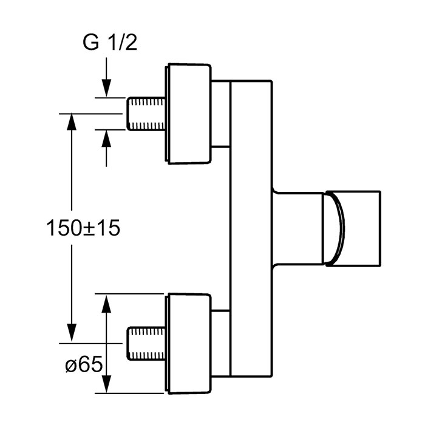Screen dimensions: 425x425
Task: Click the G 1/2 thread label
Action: (110, 43)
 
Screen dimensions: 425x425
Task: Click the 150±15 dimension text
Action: (83, 228)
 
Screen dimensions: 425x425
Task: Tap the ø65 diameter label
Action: (84, 364)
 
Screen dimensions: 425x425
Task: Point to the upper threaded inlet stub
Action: (146, 114)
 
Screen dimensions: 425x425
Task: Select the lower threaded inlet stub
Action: (146, 344)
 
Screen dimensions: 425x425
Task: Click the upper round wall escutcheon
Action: (188, 114)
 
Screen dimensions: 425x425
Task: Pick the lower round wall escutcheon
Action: (188, 344)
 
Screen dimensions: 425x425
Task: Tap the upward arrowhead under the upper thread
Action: (106, 139)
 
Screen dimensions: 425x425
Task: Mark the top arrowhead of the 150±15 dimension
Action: (72, 122)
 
